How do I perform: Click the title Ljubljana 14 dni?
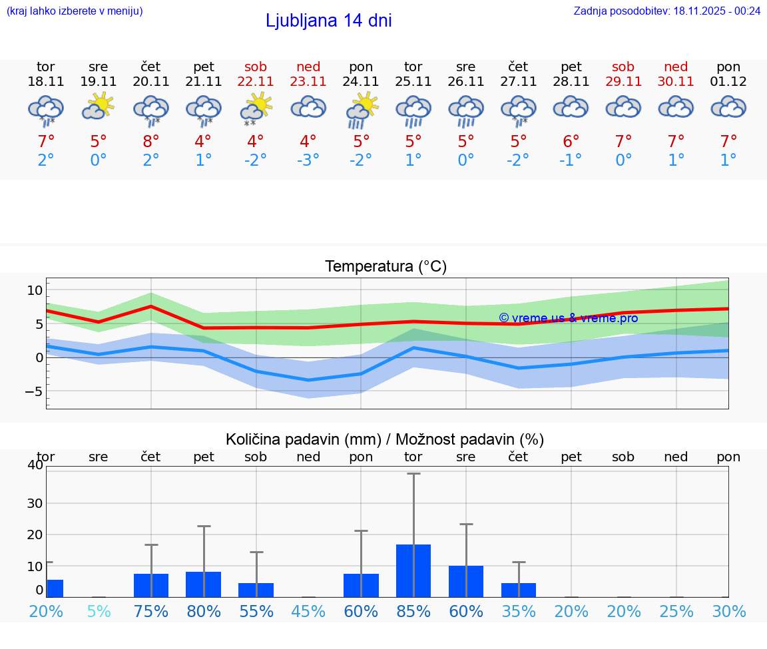(328, 21)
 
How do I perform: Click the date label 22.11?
(256, 82)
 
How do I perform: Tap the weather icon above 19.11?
(99, 107)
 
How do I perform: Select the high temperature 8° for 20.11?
(151, 142)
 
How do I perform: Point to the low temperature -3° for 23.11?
(308, 160)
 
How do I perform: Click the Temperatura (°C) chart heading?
(385, 267)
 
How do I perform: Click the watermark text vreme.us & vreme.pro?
(569, 318)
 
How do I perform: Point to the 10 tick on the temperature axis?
(35, 290)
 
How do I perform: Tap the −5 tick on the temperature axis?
(33, 391)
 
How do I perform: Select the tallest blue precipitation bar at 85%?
(413, 570)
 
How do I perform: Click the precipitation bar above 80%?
(203, 584)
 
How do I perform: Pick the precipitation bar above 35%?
(519, 590)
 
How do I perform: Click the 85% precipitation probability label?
(413, 611)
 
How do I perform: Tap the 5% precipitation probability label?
(99, 611)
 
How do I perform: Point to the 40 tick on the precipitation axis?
(35, 465)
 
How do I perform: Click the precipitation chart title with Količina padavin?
(385, 439)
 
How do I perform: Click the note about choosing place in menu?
(75, 11)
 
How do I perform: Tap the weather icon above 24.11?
(361, 110)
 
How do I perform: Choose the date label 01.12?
(728, 82)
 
